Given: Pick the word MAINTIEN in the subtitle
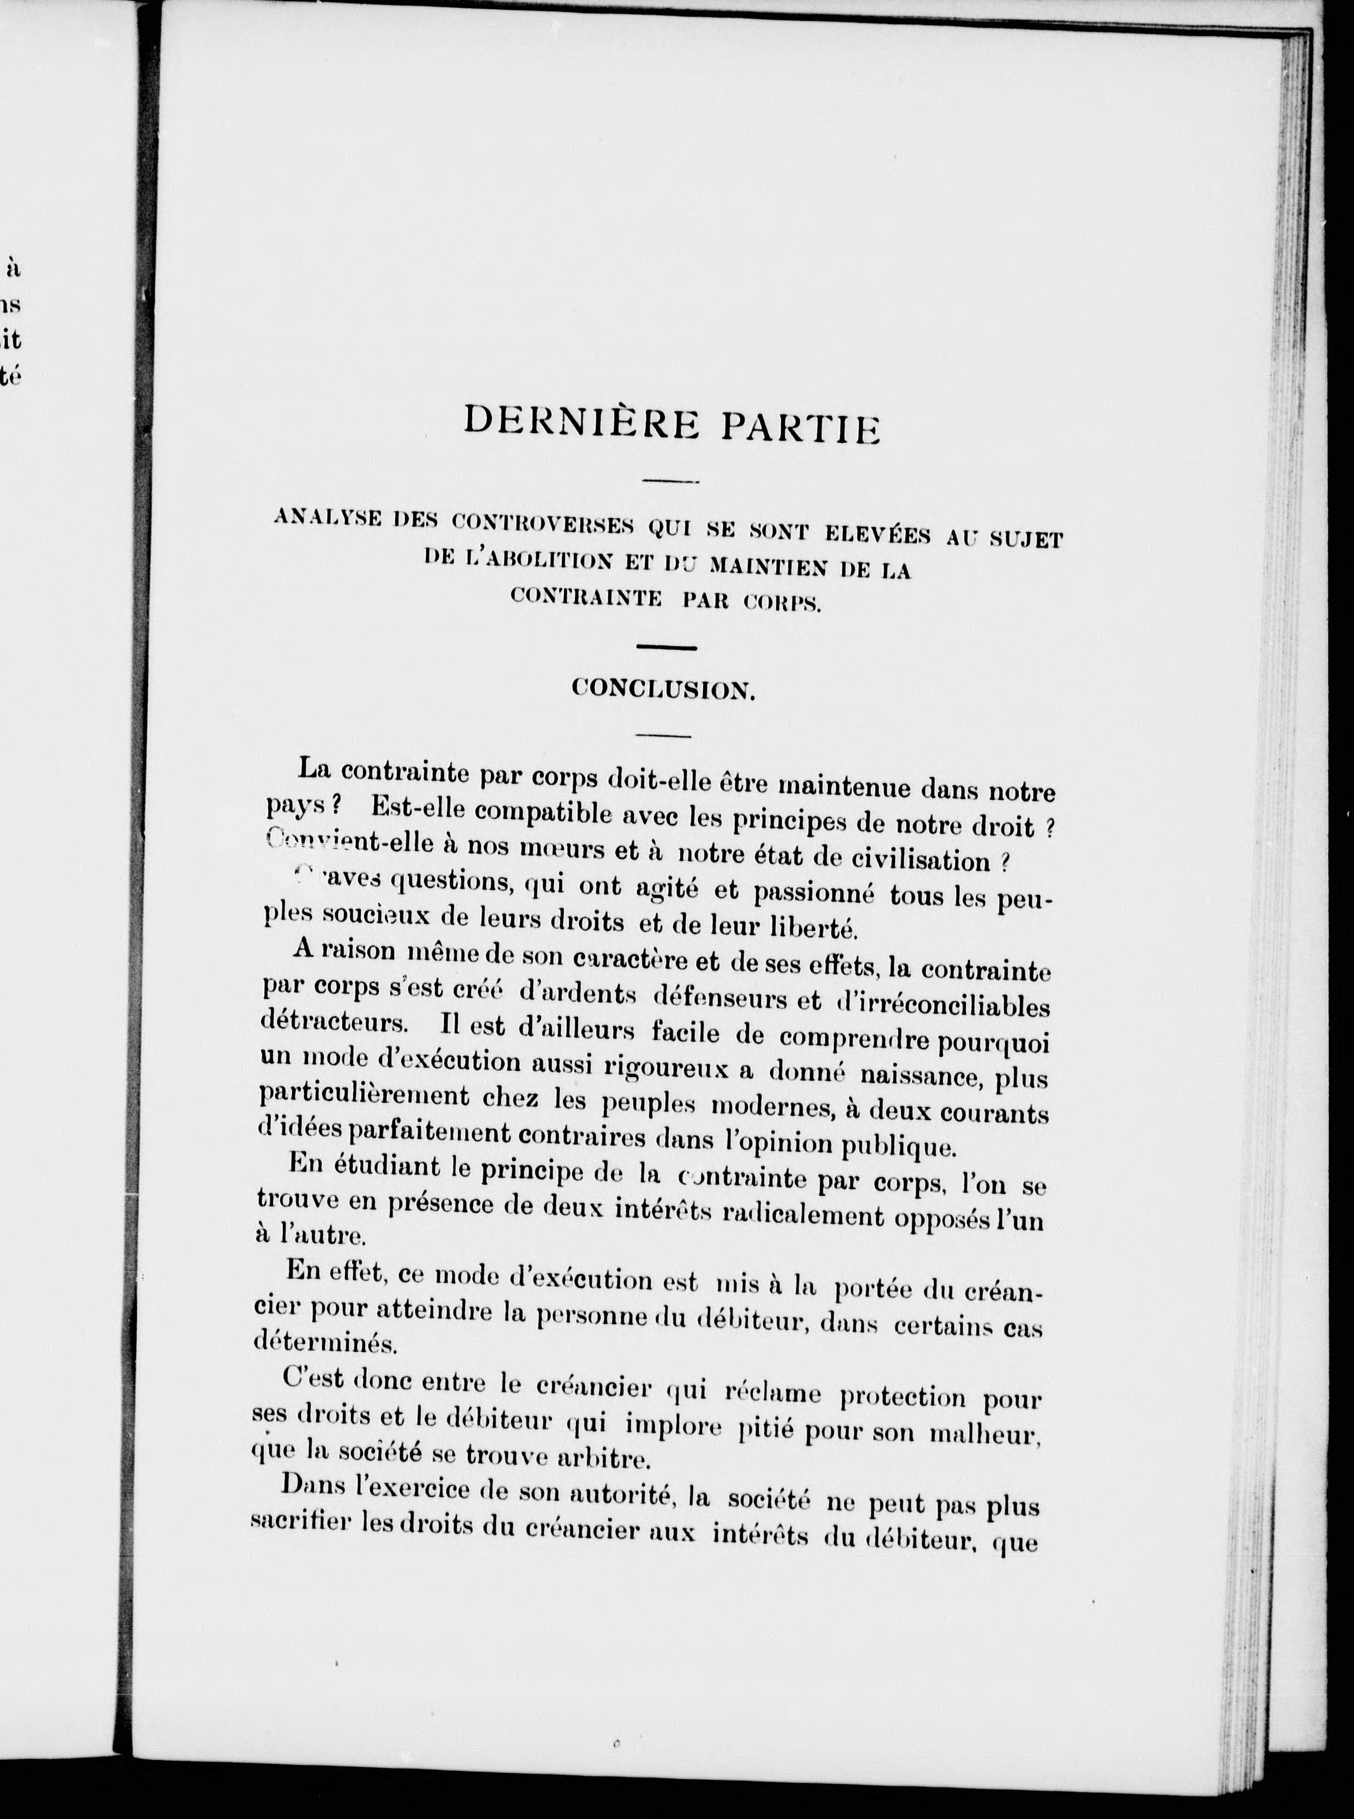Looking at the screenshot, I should [x=767, y=565].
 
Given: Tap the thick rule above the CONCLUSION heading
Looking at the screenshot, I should [x=666, y=648].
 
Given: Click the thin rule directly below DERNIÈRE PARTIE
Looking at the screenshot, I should [x=669, y=481].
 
